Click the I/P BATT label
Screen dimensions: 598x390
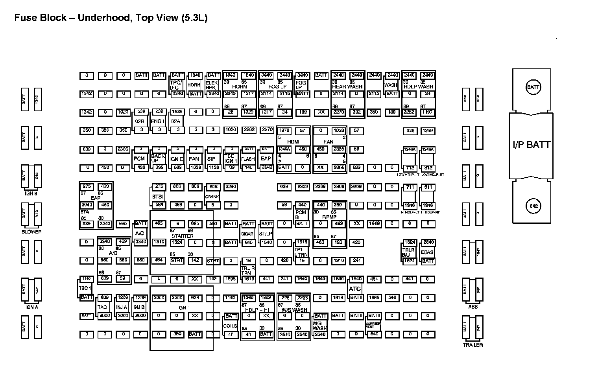[x=532, y=145]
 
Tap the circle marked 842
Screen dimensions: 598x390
[x=533, y=206]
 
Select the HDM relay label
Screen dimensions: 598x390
[x=293, y=142]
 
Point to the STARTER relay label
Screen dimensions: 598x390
[x=183, y=236]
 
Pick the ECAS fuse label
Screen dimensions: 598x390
[x=427, y=252]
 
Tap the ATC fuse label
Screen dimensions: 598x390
[x=355, y=289]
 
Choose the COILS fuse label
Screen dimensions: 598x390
[x=230, y=326]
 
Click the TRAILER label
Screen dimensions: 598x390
[x=472, y=345]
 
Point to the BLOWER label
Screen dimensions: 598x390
[x=31, y=232]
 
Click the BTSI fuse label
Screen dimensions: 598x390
[x=158, y=196]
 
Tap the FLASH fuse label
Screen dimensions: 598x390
[x=248, y=159]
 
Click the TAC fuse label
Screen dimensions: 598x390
[x=102, y=307]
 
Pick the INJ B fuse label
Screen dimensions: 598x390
[x=139, y=307]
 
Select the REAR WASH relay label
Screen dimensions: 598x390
[x=347, y=86]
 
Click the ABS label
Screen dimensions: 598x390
[x=472, y=307]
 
